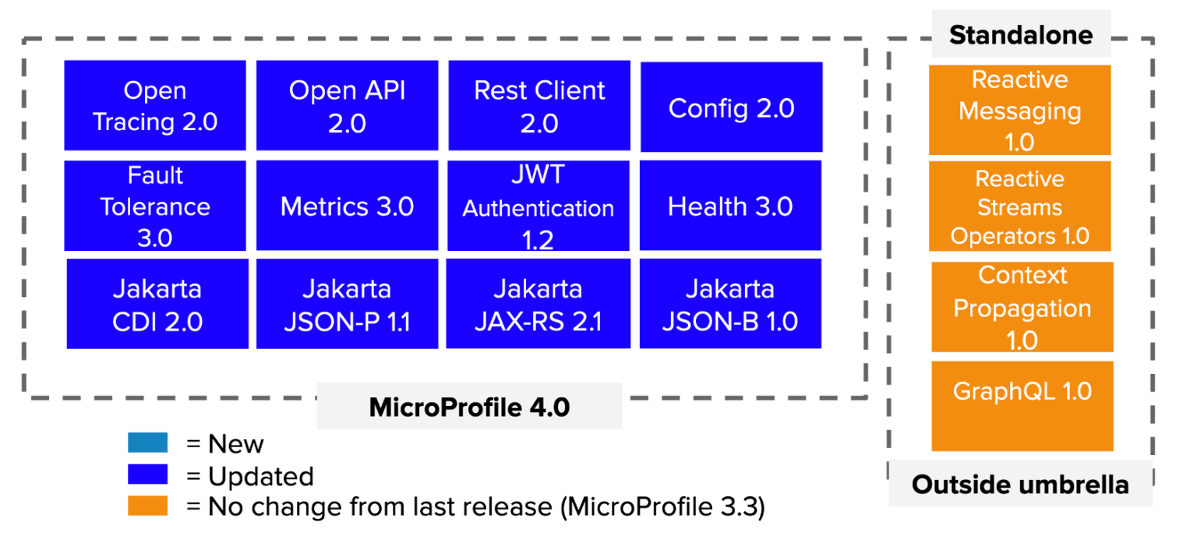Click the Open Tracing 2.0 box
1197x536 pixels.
(x=154, y=105)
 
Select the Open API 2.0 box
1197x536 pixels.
(x=347, y=105)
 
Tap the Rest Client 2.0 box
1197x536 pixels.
(x=539, y=105)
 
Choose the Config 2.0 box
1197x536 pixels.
(x=731, y=108)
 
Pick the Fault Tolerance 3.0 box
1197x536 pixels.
(x=154, y=206)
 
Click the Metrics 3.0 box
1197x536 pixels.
(x=347, y=206)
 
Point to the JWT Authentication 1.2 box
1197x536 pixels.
(x=538, y=206)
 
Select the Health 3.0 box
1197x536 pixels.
(x=731, y=206)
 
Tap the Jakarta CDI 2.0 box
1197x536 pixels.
(x=157, y=304)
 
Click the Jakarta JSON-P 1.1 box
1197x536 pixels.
(x=347, y=304)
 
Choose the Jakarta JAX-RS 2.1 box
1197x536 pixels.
(x=538, y=304)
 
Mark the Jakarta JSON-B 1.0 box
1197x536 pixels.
(x=730, y=304)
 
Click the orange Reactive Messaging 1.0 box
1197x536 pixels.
(x=1019, y=110)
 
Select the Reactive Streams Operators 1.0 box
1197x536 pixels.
(x=1019, y=206)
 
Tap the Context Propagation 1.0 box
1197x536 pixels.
(x=1022, y=307)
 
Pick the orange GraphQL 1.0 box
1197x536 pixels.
(x=1022, y=406)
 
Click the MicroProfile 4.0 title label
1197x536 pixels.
(x=469, y=407)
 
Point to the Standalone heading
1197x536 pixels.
(x=1021, y=35)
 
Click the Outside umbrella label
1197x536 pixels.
(x=1020, y=485)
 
